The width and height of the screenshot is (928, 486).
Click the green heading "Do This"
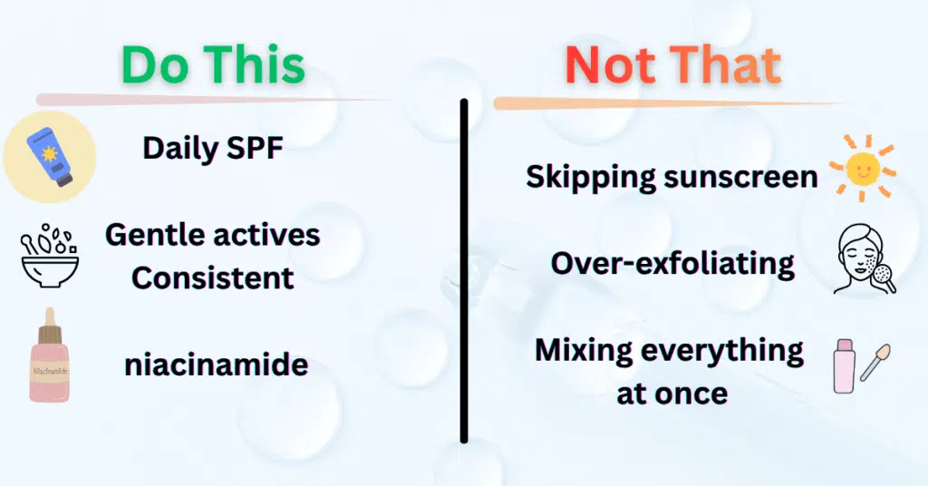pos(213,65)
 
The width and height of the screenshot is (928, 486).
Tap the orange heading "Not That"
pos(672,65)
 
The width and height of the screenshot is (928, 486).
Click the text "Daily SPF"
pos(213,148)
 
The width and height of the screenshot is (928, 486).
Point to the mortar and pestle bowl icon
pos(49,256)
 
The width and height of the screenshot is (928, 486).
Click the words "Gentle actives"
pos(213,235)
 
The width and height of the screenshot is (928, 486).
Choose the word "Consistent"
pos(213,277)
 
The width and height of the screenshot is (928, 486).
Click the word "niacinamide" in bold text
pos(217,365)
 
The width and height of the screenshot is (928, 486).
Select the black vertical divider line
pos(464,272)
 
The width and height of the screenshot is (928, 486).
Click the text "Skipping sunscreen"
pos(672,177)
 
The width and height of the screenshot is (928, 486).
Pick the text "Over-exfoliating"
pos(672,263)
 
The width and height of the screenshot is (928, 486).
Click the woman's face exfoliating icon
pos(863,261)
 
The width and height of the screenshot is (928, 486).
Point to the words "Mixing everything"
pos(670,350)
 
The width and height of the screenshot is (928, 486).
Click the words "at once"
pos(672,394)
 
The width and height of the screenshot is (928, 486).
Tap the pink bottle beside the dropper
pos(845,368)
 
